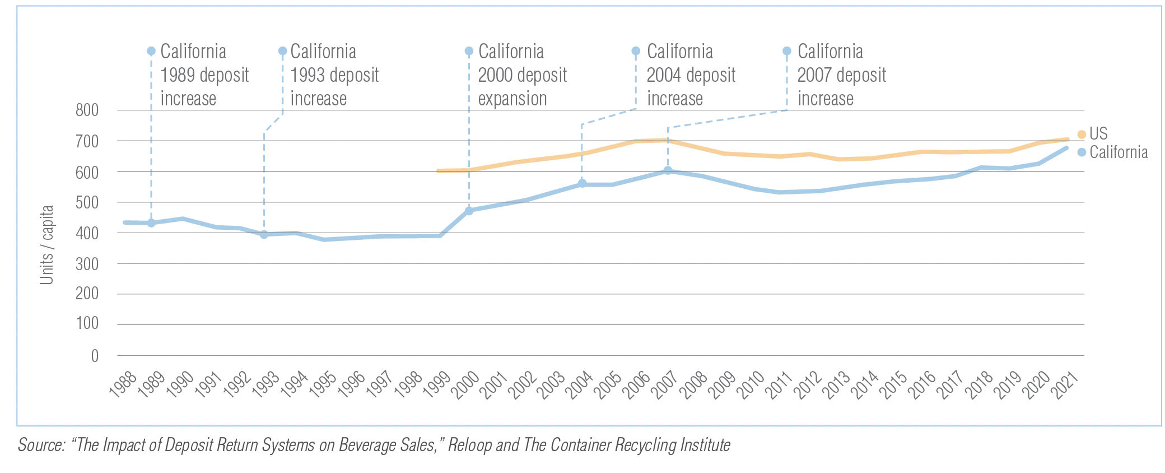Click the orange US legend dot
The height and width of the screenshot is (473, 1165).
click(1081, 135)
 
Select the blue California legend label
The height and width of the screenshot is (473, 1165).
click(1119, 152)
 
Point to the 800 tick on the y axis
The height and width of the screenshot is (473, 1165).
click(87, 110)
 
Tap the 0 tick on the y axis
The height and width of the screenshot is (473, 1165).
click(95, 356)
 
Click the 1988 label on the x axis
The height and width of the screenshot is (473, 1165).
click(123, 384)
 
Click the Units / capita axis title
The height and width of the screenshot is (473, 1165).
click(46, 245)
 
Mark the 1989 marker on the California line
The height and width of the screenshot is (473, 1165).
click(151, 223)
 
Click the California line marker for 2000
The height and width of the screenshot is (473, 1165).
click(469, 211)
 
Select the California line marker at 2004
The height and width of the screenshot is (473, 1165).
click(582, 183)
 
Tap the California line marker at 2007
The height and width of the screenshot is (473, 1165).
click(668, 170)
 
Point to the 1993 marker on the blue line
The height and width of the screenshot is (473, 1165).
click(264, 234)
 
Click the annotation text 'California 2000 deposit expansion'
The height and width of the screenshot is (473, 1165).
click(522, 75)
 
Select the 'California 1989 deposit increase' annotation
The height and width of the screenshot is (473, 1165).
click(204, 75)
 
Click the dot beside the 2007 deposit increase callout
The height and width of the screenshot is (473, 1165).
click(787, 51)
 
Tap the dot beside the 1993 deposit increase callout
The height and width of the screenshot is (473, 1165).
click(283, 51)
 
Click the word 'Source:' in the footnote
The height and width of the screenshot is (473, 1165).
click(41, 445)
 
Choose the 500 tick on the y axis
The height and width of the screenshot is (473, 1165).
click(87, 202)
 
